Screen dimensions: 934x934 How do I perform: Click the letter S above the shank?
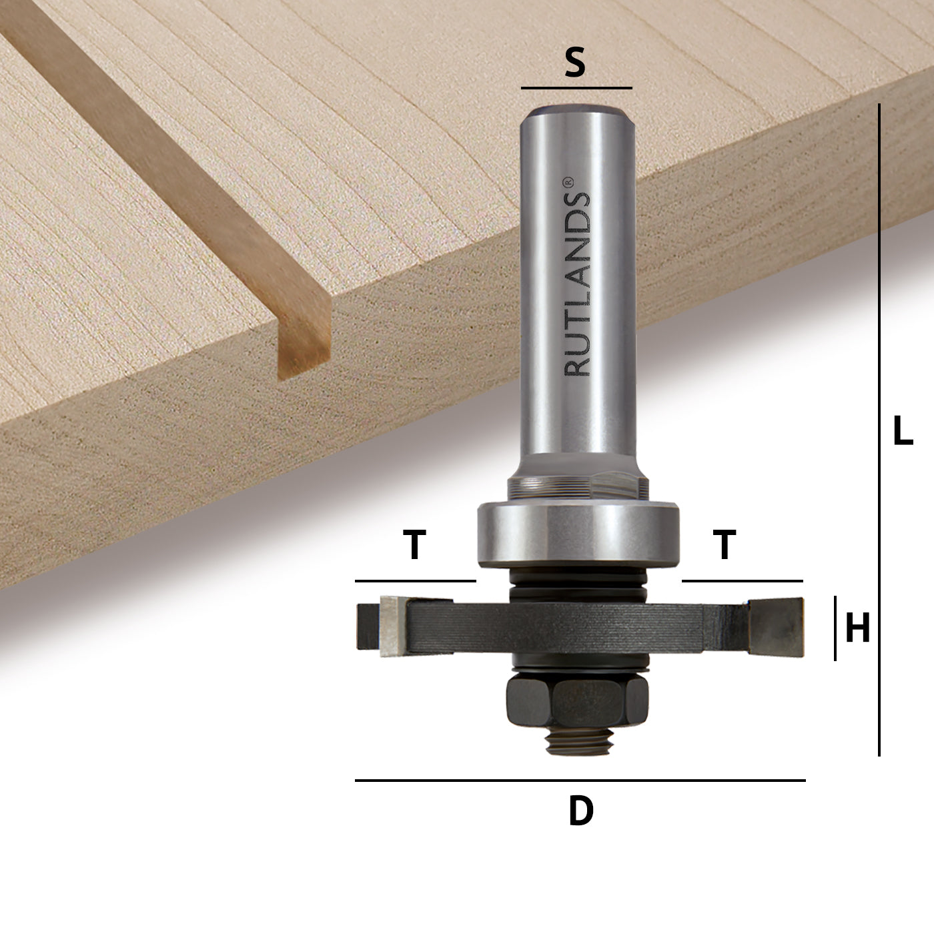[575, 63]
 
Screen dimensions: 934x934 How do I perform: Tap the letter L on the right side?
[903, 430]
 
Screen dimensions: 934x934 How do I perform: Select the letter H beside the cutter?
[858, 627]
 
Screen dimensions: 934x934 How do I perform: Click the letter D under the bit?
[580, 811]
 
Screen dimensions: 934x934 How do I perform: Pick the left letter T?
[414, 544]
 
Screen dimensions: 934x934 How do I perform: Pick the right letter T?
[725, 544]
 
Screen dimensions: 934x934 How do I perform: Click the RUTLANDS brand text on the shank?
[577, 284]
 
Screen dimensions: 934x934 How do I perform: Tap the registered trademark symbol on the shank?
[568, 182]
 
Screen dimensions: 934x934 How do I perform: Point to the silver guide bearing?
[578, 534]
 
